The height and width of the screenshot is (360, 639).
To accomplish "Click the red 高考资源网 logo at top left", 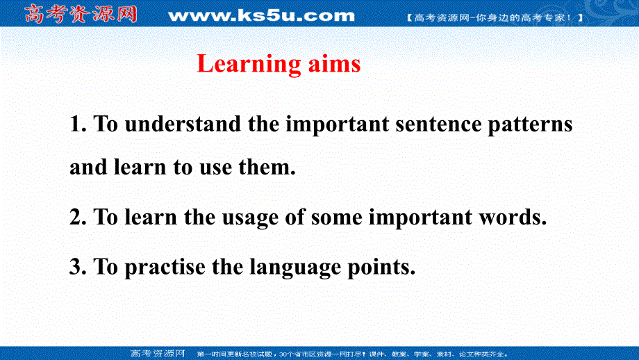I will pyautogui.click(x=81, y=14).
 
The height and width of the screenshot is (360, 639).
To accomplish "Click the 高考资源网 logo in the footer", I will pyautogui.click(x=157, y=352).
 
